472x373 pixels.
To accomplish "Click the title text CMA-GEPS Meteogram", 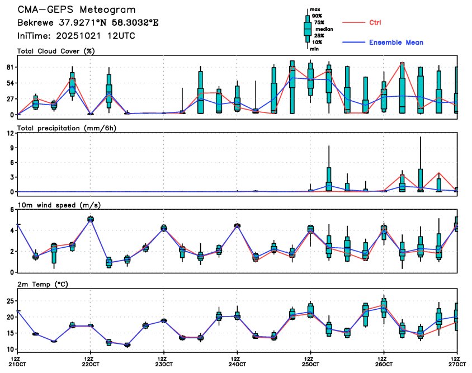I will pyautogui.click(x=77, y=10).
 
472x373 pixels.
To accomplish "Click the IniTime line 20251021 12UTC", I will pyautogui.click(x=75, y=36).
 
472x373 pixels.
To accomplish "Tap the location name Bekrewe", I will pyautogui.click(x=36, y=23).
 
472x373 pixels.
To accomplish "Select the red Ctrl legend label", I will pyautogui.click(x=375, y=23).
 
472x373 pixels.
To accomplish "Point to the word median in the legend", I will pyautogui.click(x=325, y=27).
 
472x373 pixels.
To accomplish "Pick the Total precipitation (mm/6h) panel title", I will pyautogui.click(x=62, y=128).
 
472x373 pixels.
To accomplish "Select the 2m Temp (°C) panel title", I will pyautogui.click(x=42, y=284).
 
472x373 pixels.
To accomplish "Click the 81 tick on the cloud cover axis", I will pyautogui.click(x=10, y=67).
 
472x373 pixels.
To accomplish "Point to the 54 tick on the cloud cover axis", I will pyautogui.click(x=10, y=83).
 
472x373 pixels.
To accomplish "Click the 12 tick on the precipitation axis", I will pyautogui.click(x=10, y=134).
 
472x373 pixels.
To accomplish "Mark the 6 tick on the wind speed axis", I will pyautogui.click(x=12, y=210).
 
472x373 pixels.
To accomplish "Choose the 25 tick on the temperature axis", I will pyautogui.click(x=10, y=301).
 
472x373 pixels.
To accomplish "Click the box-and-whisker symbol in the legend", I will pyautogui.click(x=307, y=28).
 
